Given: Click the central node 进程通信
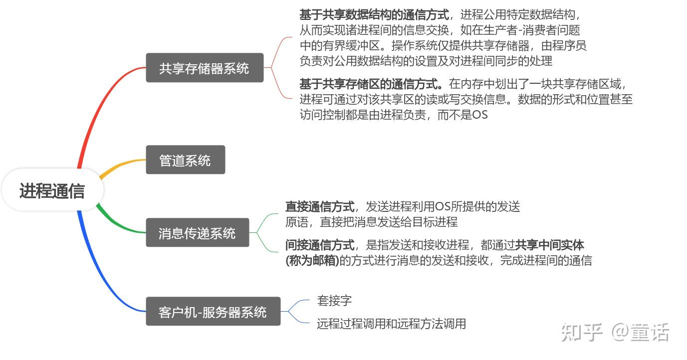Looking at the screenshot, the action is (52, 190).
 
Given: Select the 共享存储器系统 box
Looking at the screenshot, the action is (204, 68).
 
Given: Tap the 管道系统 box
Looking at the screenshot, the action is (185, 160).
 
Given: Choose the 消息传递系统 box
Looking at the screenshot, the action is (197, 233).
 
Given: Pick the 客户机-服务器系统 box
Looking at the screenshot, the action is (213, 312).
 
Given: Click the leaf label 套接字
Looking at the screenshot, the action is (334, 301).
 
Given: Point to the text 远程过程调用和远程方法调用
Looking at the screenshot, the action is (391, 324).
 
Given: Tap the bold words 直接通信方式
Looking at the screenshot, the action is (320, 206).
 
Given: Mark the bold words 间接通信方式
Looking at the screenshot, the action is (320, 245).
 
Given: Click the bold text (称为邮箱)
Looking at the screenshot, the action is (312, 260).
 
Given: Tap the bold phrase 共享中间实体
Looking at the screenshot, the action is (549, 245).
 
